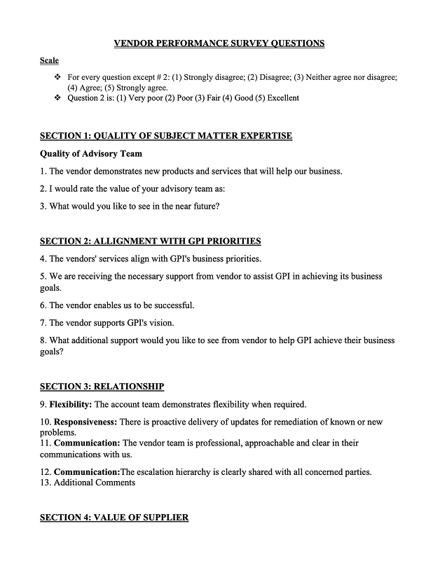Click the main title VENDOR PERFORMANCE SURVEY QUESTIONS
pyautogui.click(x=219, y=43)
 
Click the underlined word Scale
pyautogui.click(x=49, y=61)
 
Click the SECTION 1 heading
pyautogui.click(x=166, y=136)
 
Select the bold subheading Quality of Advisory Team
pyautogui.click(x=91, y=154)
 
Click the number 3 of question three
pyautogui.click(x=42, y=206)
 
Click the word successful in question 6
pyautogui.click(x=172, y=305)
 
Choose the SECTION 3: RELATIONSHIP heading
pyautogui.click(x=102, y=387)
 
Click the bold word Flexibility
pyautogui.click(x=71, y=405)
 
